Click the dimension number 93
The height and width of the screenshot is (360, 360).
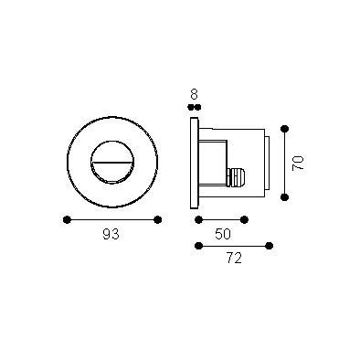click(x=111, y=234)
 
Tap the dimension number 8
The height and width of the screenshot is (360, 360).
click(x=194, y=94)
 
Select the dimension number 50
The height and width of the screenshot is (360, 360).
click(x=223, y=234)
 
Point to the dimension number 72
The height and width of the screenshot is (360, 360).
click(x=234, y=259)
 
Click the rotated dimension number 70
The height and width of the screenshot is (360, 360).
click(x=298, y=163)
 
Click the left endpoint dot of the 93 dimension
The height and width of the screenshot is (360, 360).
click(x=67, y=219)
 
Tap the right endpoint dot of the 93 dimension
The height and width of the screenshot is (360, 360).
click(x=157, y=219)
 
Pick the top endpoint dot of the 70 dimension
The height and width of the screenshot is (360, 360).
click(x=285, y=129)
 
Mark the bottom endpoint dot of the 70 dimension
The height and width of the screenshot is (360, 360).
click(x=285, y=197)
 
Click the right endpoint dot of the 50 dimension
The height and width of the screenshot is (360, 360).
click(x=244, y=219)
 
